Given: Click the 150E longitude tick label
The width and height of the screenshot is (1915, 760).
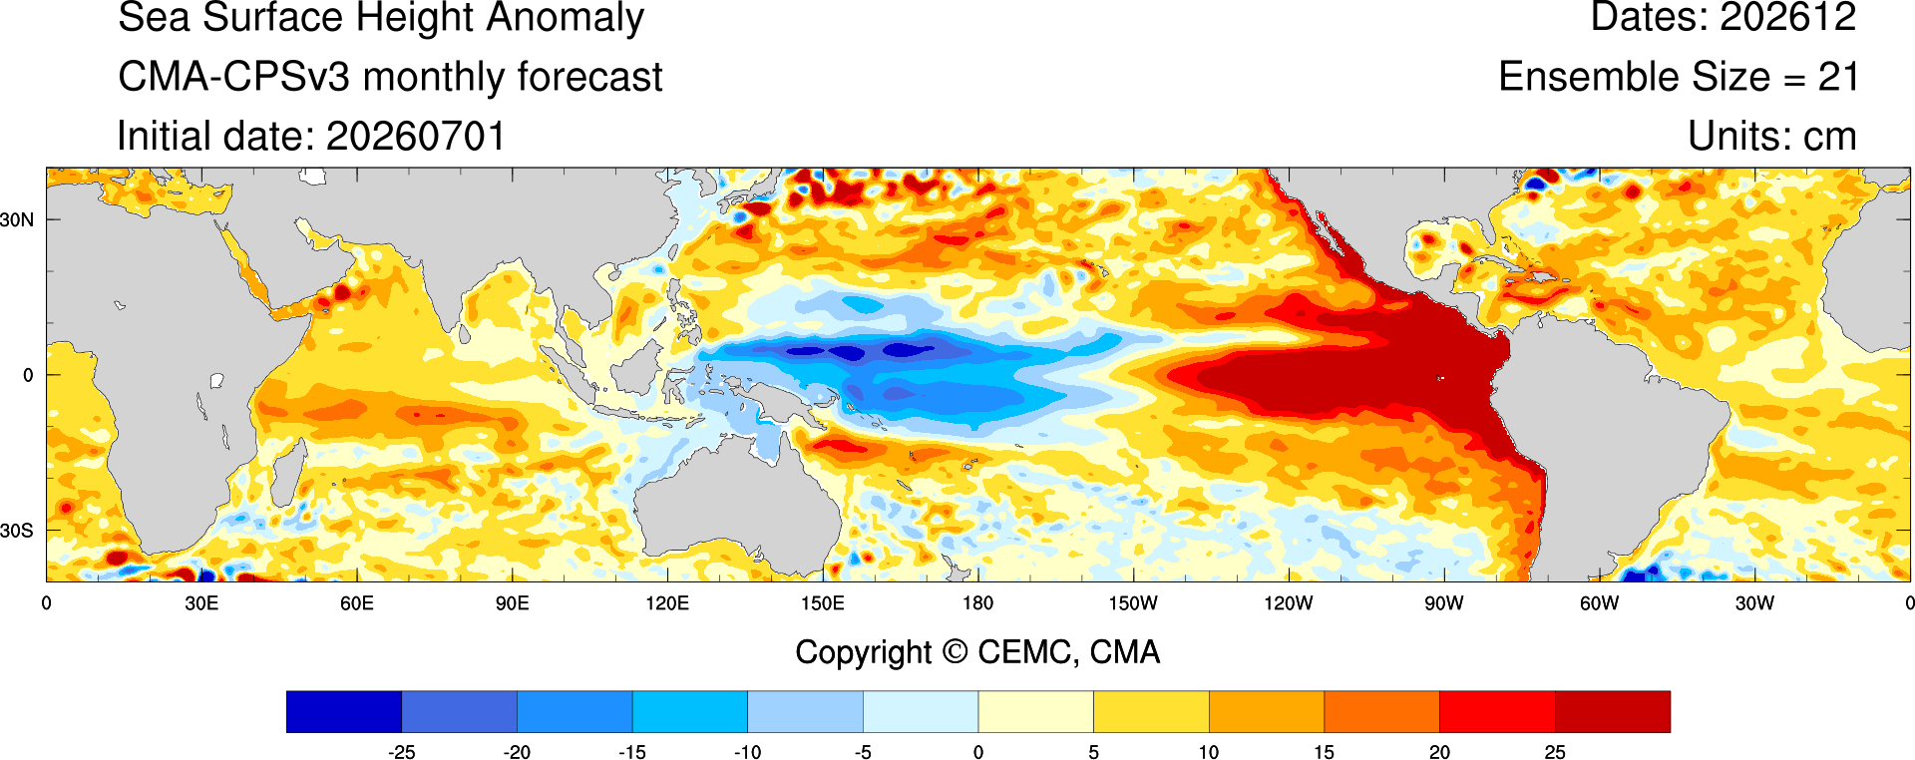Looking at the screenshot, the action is pos(822,603).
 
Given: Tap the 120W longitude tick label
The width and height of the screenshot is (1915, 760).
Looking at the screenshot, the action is pos(1289,603).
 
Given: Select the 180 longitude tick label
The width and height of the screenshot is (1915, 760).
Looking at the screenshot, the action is pos(977,603).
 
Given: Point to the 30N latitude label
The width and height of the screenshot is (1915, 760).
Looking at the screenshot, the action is pos(17,220).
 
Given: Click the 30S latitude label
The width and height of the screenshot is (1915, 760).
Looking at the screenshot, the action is pos(17,531).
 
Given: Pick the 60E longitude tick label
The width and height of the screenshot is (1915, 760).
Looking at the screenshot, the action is pos(356,603).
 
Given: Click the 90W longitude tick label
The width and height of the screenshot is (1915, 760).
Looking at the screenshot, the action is pos(1444,603).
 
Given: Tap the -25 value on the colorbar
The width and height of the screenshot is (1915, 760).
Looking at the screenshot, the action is pos(401,752).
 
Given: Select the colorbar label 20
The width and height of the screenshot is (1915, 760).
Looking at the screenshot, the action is pos(1439,752).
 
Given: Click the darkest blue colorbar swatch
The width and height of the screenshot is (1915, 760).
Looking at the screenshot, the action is pos(344,712).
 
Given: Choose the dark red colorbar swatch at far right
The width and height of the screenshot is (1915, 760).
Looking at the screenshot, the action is pos(1612,712).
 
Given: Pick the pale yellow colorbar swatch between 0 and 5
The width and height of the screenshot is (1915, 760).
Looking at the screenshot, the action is pos(1035,712).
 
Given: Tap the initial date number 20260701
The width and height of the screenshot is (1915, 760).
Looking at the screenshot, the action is pos(416,137).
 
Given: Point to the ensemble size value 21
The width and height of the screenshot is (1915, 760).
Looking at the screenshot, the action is pos(1838,77).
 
